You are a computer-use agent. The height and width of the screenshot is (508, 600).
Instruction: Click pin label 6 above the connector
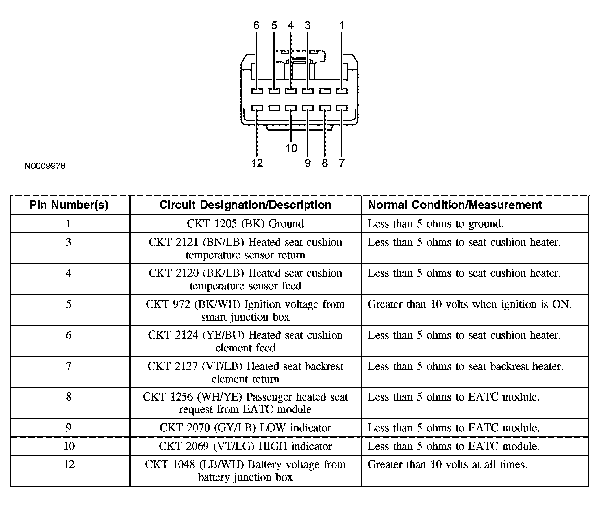click(256, 26)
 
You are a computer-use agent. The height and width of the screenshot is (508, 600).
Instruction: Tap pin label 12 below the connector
click(257, 163)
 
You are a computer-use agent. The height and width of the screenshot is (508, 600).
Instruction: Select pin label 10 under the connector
click(291, 148)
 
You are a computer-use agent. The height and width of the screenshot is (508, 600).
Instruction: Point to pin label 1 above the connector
click(341, 26)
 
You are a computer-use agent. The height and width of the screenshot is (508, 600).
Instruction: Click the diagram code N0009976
click(45, 166)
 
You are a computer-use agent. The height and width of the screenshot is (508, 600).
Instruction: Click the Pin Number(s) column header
click(69, 205)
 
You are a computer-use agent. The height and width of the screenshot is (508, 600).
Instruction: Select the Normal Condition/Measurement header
click(455, 205)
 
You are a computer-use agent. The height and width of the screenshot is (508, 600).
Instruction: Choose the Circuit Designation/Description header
click(245, 205)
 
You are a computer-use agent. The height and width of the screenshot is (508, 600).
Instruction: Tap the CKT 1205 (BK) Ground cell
click(245, 224)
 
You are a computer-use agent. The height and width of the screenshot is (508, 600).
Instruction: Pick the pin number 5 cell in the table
click(68, 304)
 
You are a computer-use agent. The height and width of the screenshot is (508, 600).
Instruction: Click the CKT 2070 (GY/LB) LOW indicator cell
click(245, 428)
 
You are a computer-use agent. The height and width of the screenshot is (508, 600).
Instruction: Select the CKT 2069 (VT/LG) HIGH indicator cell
click(245, 446)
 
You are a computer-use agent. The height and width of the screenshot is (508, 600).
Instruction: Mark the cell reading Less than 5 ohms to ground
click(435, 224)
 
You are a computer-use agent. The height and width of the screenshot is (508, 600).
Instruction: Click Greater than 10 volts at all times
click(447, 465)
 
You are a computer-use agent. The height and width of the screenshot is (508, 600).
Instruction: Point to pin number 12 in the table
click(69, 464)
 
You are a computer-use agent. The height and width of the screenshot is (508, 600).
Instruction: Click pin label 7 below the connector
click(341, 163)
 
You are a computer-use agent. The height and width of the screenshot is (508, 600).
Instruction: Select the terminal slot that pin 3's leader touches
click(308, 92)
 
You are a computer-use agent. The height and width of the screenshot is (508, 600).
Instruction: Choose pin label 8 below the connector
click(325, 163)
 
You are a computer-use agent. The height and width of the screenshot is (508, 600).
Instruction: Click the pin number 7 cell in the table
click(68, 366)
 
